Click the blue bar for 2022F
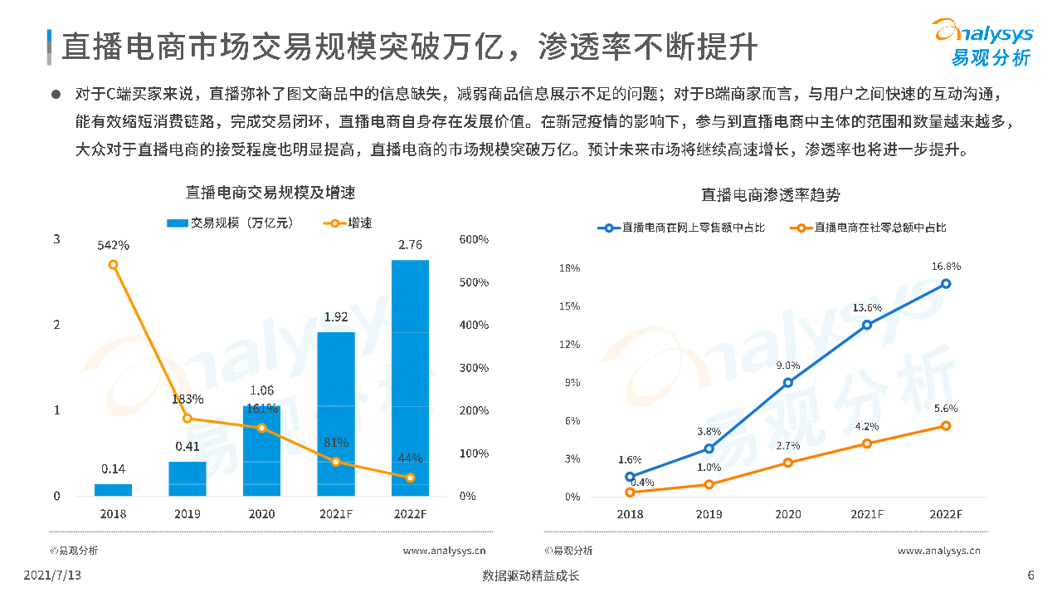pos(410,378)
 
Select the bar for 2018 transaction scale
pos(113,490)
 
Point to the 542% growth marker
pos(113,265)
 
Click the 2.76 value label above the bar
pos(410,245)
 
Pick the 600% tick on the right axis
pos(474,240)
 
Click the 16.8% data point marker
pos(946,284)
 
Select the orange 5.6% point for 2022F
pos(946,426)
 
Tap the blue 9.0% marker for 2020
pos(787,383)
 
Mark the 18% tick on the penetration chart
pos(569,268)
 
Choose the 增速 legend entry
pos(349,223)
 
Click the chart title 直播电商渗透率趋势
pos(770,194)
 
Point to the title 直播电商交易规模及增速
pos(270,193)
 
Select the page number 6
pos(1030,576)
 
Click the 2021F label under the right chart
pos(866,514)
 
